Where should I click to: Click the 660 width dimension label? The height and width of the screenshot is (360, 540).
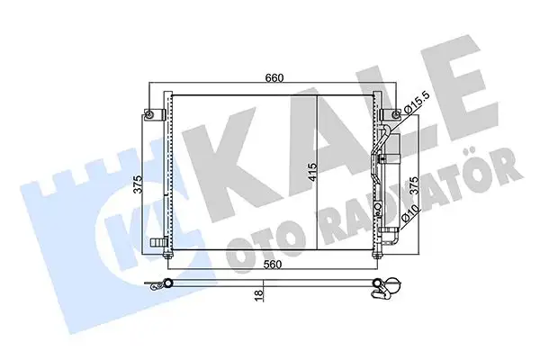(x=274, y=77)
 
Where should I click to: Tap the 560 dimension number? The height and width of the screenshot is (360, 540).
(x=274, y=265)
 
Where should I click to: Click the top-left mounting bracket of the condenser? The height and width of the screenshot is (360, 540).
(x=151, y=114)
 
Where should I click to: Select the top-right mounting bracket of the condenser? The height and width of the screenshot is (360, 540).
(x=390, y=114)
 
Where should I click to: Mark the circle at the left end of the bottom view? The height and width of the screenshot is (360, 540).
(x=166, y=286)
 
